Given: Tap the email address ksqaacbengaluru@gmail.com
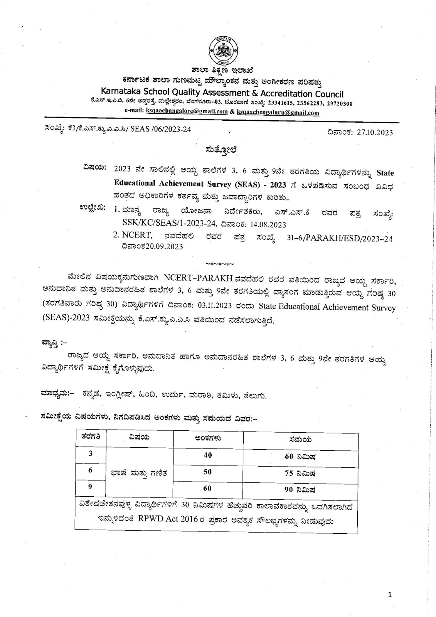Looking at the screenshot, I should tap(278, 113).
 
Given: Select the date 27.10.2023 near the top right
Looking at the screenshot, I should tap(375, 133).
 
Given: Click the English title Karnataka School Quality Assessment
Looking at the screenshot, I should tap(222, 93).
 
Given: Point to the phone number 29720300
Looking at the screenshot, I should tap(338, 104).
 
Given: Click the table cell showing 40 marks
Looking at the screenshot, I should tap(208, 455).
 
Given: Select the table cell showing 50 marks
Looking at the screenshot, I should tap(208, 472).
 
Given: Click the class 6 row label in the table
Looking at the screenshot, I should tap(91, 470).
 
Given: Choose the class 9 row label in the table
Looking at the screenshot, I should tap(91, 487).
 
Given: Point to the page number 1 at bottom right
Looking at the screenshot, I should tap(390, 595).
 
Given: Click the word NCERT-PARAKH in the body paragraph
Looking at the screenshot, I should tap(192, 278).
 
